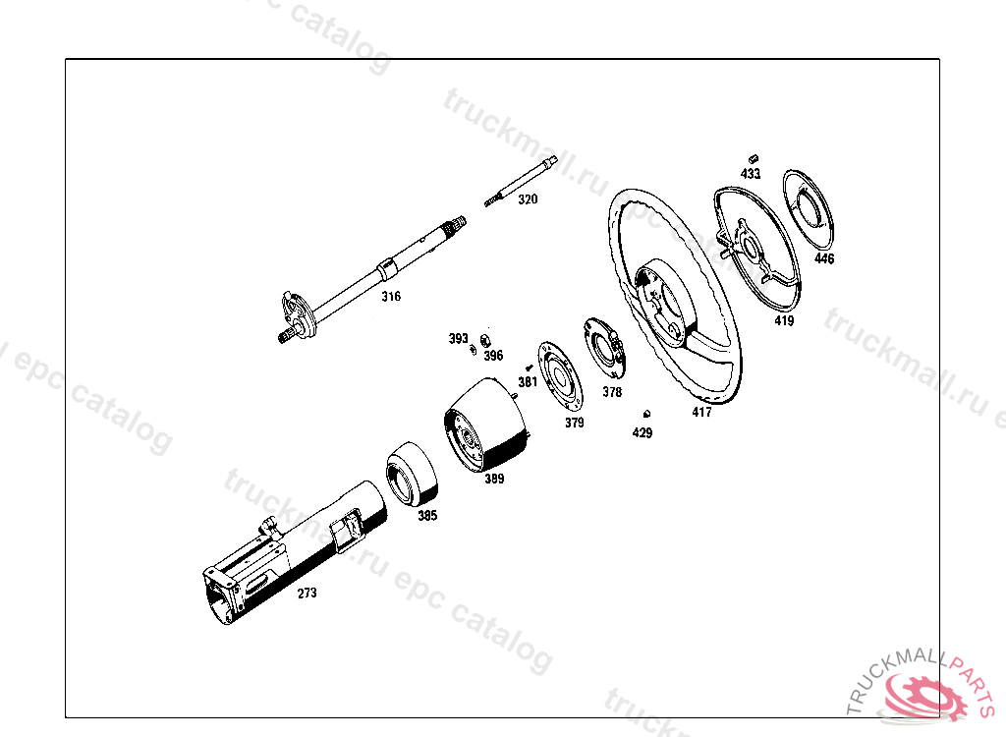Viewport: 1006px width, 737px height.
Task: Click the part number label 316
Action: point(391,296)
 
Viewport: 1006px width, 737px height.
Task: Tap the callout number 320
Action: point(528,199)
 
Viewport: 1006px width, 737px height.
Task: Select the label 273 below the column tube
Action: point(307,594)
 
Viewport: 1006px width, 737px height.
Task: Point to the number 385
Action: point(427,516)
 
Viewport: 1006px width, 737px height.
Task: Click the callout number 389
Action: point(494,479)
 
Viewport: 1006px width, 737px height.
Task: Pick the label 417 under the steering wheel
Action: point(701,412)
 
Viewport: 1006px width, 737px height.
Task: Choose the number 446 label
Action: point(824,258)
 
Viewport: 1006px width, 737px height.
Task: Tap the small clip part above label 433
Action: point(754,158)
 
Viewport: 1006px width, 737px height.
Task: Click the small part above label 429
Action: point(646,414)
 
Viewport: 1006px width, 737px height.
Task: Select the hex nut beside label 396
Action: point(485,340)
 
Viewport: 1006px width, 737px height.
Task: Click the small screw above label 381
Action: point(529,368)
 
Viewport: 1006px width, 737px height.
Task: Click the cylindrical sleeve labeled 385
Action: point(412,474)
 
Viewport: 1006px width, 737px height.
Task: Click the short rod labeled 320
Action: point(521,182)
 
